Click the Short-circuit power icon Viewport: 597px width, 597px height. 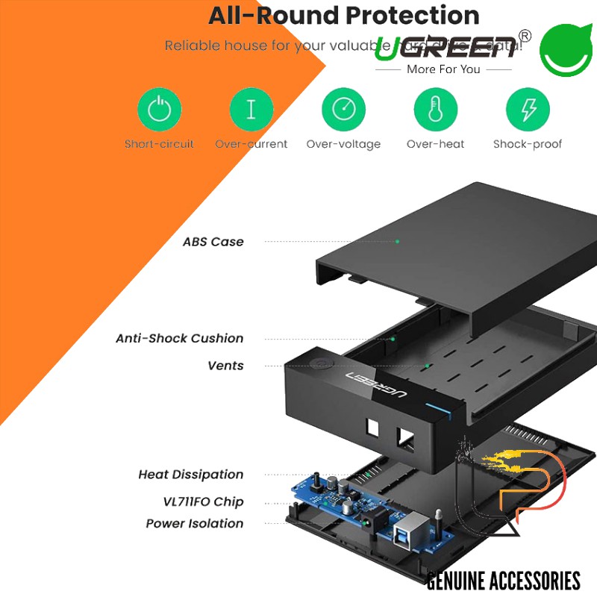click(159, 110)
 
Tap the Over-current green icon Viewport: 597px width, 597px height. click(251, 110)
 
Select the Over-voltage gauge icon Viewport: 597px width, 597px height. click(343, 110)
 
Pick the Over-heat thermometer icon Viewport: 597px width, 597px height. click(435, 110)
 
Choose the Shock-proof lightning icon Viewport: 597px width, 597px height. click(527, 110)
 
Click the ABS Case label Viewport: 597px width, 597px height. click(213, 242)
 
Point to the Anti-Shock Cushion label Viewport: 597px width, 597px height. click(179, 338)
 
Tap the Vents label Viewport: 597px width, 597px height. click(225, 366)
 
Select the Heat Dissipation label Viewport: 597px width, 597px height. click(190, 475)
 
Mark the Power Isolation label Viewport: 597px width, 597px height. click(194, 524)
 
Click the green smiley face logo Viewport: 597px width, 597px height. click(566, 50)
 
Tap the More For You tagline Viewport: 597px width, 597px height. click(443, 69)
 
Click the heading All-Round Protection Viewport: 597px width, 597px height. click(343, 15)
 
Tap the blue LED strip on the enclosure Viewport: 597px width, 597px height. click(436, 408)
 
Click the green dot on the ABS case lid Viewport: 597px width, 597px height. click(397, 241)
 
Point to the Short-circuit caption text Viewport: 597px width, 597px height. click(159, 144)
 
